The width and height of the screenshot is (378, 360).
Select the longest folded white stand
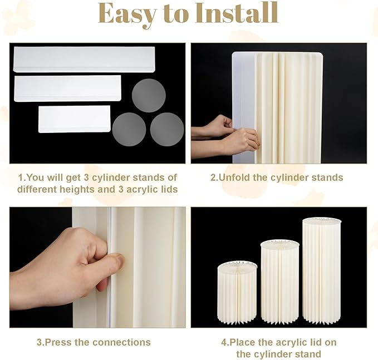(x=84, y=60)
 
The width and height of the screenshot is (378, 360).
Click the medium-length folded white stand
(x=67, y=88)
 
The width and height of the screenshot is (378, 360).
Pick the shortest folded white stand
(x=74, y=119)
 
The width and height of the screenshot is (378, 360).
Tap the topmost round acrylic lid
(x=149, y=95)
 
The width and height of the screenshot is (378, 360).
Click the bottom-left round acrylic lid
(x=129, y=130)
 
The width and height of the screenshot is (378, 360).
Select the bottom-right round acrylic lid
(x=167, y=130)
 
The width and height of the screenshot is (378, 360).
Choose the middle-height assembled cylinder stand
(x=279, y=282)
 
